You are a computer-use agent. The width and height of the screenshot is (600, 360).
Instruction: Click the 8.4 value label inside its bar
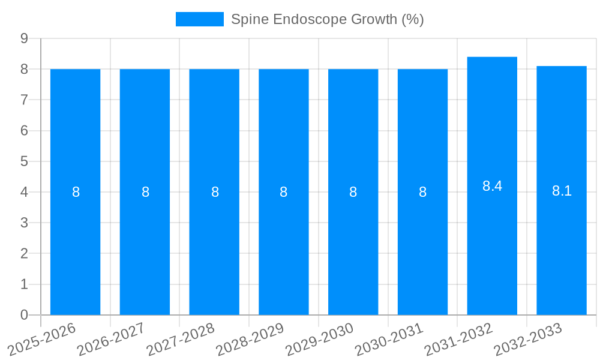(492, 186)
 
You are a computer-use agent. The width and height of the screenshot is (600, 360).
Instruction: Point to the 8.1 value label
(562, 191)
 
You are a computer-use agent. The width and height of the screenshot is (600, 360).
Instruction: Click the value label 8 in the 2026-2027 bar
(145, 192)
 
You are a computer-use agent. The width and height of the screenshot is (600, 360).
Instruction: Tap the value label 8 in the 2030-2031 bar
(422, 192)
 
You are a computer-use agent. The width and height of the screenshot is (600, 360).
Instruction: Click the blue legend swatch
(199, 19)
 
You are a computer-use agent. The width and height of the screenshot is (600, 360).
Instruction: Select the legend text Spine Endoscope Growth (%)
(327, 19)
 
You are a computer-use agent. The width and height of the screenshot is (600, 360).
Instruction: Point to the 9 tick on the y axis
(24, 38)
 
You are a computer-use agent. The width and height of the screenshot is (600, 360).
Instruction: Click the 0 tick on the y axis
(24, 315)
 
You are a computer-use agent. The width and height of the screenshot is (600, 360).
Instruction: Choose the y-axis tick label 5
(24, 161)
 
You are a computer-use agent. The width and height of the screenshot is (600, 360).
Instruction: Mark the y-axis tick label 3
(24, 223)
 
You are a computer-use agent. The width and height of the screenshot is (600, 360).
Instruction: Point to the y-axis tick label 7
(24, 100)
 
